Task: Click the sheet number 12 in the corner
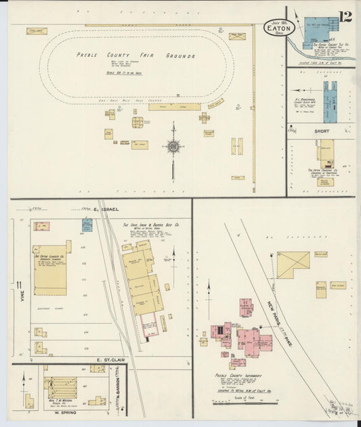(x=345, y=16)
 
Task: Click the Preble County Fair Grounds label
(x=136, y=55)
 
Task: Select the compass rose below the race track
(x=173, y=146)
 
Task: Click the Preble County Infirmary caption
(x=240, y=376)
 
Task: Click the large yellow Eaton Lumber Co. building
(x=50, y=269)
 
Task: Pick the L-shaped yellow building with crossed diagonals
(x=292, y=264)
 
